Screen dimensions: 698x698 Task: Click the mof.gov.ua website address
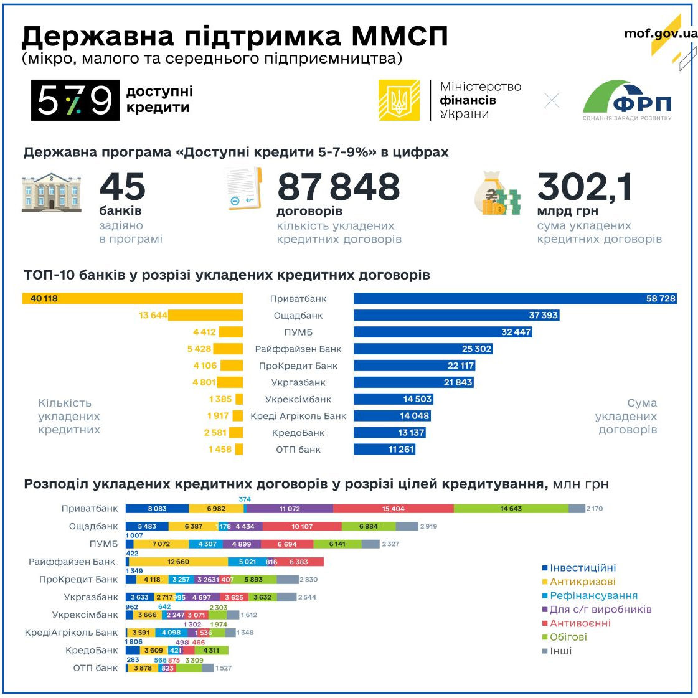(x=661, y=34)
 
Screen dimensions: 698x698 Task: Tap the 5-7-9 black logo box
(x=75, y=100)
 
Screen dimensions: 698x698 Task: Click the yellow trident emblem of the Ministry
(x=399, y=100)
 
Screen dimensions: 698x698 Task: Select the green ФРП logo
(x=626, y=100)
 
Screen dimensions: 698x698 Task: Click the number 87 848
(x=338, y=187)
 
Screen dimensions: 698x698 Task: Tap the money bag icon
(x=496, y=194)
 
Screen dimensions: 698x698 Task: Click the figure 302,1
(x=584, y=187)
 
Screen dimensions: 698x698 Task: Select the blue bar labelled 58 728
(x=514, y=299)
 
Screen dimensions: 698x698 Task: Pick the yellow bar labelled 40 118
(x=133, y=299)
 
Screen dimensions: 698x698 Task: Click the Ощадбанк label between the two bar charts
(x=298, y=316)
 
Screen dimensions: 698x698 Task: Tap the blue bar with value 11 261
(x=384, y=450)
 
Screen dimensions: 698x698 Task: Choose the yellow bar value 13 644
(x=153, y=316)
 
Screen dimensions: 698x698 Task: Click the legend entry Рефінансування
(x=593, y=595)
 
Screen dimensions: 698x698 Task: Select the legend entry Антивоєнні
(x=580, y=623)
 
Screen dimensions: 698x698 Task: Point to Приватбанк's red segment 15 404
(x=394, y=509)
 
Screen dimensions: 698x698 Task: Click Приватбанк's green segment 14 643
(x=511, y=509)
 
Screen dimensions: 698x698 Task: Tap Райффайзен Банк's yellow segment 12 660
(x=178, y=562)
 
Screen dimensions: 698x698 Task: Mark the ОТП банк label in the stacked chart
(x=95, y=668)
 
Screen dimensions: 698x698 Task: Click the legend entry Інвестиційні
(x=583, y=568)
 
